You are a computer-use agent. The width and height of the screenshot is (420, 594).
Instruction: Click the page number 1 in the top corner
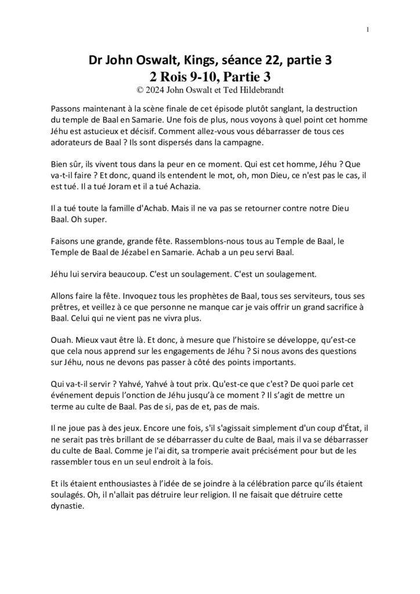(x=368, y=30)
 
